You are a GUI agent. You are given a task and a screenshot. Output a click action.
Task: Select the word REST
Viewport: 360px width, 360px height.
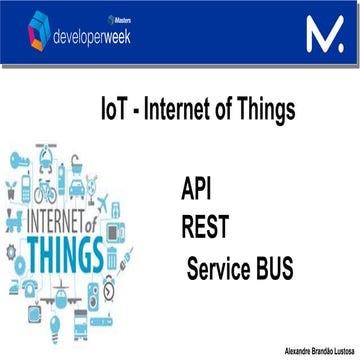tap(206, 228)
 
